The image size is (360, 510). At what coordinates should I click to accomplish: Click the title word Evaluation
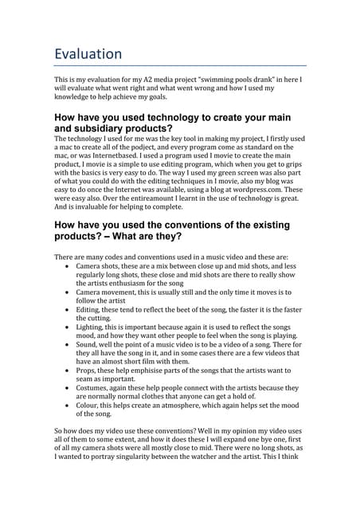[88, 54]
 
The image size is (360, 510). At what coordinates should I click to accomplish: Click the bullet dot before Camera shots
[66, 265]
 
